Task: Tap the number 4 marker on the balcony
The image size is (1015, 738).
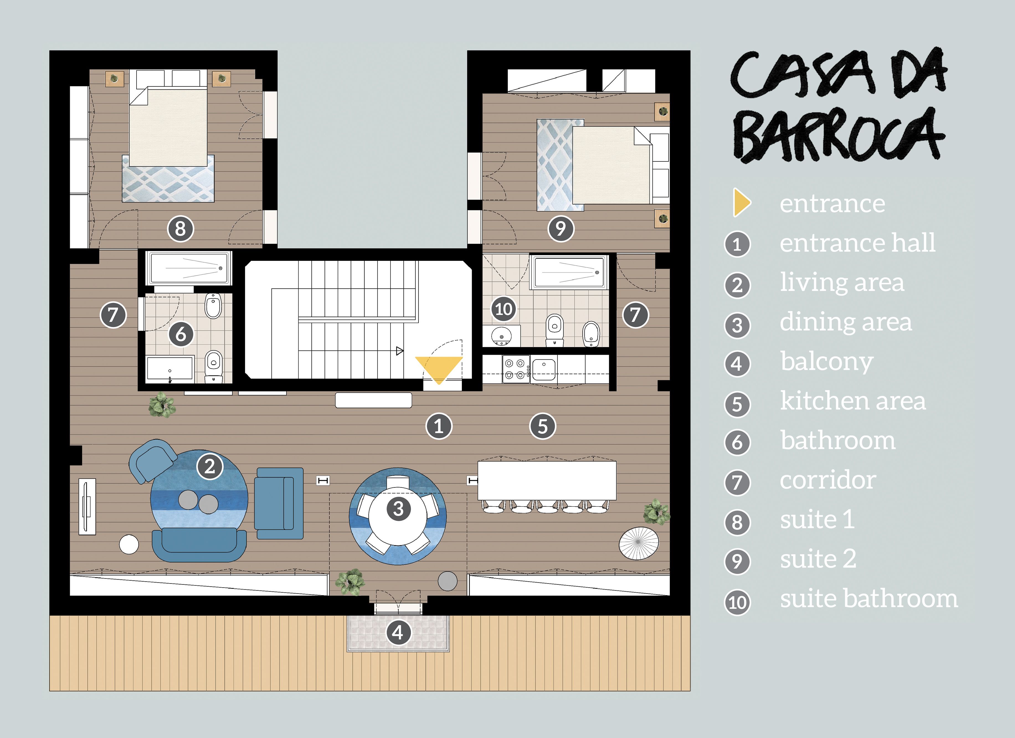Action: pos(398,632)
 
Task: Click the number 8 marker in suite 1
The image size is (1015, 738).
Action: pos(180,229)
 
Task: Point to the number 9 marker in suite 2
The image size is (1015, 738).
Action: pos(560,229)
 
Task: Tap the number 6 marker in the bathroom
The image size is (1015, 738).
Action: pos(181,334)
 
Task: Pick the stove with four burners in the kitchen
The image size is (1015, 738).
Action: pos(516,369)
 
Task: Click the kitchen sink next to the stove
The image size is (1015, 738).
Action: pos(544,369)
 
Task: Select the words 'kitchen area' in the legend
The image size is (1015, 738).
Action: pos(852,401)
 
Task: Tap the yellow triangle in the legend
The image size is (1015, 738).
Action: pos(741,203)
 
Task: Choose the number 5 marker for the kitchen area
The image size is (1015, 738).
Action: pos(543,426)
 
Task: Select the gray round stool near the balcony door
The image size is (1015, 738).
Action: pos(448,581)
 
